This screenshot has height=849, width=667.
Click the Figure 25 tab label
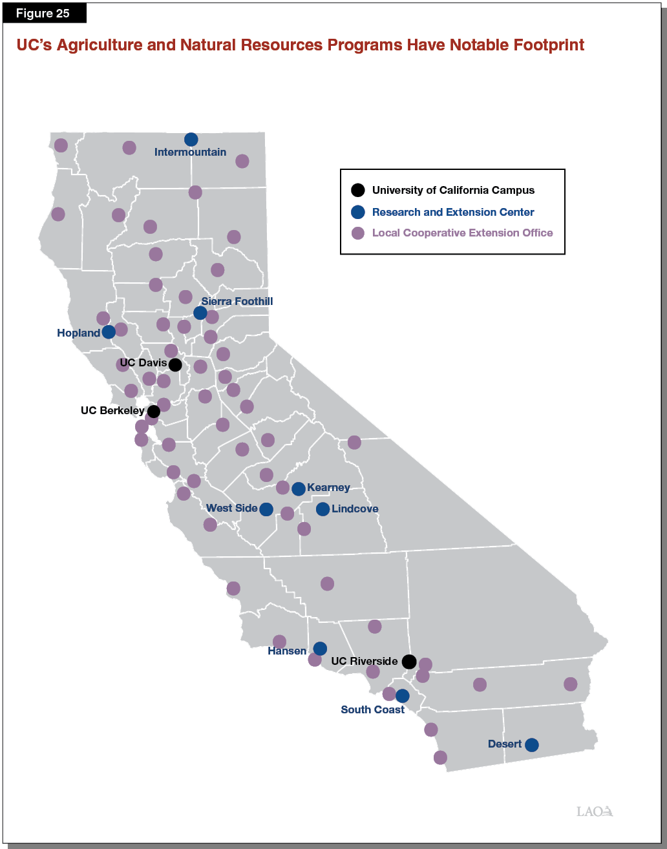[x=44, y=14]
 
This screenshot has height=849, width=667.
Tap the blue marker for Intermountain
[x=191, y=140]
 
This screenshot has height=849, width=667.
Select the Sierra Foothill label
[x=237, y=302]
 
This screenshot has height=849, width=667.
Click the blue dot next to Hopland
[x=109, y=331]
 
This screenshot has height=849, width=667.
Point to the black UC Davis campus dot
[x=175, y=364]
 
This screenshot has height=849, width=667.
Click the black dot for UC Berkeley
[x=154, y=411]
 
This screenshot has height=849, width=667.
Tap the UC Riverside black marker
[x=408, y=662]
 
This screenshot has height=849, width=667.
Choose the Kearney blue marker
[x=298, y=488]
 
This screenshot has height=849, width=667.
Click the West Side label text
[x=231, y=508]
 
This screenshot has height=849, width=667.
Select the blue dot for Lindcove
[x=323, y=509]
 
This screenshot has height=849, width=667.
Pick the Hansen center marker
[x=320, y=649]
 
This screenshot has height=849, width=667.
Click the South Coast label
[x=372, y=709]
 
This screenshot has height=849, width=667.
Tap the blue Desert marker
[x=531, y=745]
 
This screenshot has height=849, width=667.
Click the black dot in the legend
[x=357, y=191]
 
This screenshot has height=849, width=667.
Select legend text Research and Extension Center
[x=452, y=212]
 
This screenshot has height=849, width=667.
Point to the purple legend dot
[x=357, y=233]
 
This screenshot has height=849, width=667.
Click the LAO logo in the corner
[x=594, y=812]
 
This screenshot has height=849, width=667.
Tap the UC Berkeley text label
[x=112, y=410]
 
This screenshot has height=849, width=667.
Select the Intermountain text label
[x=190, y=152]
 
